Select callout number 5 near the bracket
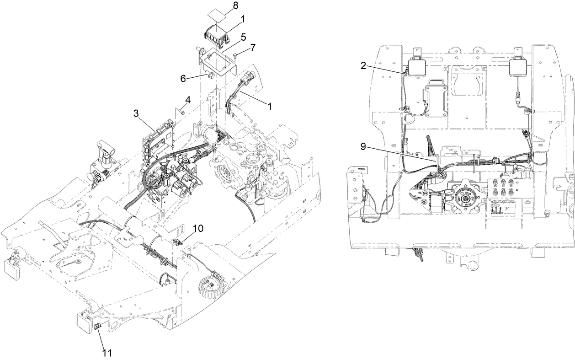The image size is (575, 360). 244,36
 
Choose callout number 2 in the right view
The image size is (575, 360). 363,65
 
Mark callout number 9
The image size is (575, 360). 363,147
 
